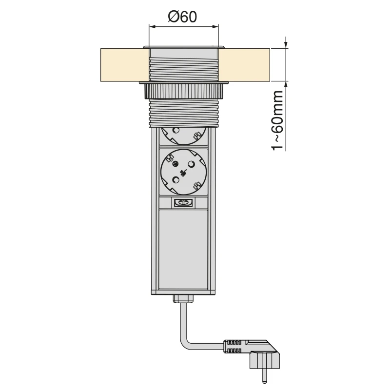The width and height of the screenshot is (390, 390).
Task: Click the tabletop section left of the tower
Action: tap(122, 64)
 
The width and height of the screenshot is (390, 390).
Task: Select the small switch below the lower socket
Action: tap(183, 203)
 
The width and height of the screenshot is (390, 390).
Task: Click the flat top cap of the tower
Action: tap(183, 46)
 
